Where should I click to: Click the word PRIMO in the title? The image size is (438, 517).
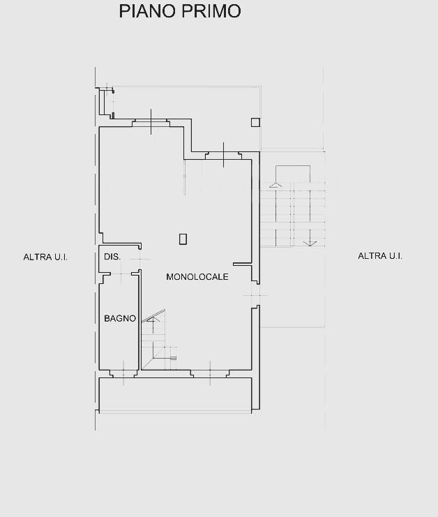211,11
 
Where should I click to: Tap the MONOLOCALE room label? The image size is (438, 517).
197,276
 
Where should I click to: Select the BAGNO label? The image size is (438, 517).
120,318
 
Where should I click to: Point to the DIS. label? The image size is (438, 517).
112,257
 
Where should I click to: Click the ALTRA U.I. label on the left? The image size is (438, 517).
45,257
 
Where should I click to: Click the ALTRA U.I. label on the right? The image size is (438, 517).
380,256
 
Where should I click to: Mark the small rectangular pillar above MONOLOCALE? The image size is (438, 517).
183,239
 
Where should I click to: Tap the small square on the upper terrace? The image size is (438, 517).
255,122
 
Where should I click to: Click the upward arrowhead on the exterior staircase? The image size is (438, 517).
275,185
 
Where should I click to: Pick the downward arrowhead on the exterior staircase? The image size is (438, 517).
310,243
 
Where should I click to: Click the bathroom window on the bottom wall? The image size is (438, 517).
123,373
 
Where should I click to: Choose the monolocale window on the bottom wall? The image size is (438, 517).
210,373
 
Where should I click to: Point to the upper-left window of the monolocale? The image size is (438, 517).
151,123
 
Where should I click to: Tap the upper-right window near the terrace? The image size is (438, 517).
223,156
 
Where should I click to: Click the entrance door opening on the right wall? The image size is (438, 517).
255,294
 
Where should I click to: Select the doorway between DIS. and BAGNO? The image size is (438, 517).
121,274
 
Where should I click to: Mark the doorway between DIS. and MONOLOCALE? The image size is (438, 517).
140,260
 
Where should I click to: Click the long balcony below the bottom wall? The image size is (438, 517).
175,395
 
